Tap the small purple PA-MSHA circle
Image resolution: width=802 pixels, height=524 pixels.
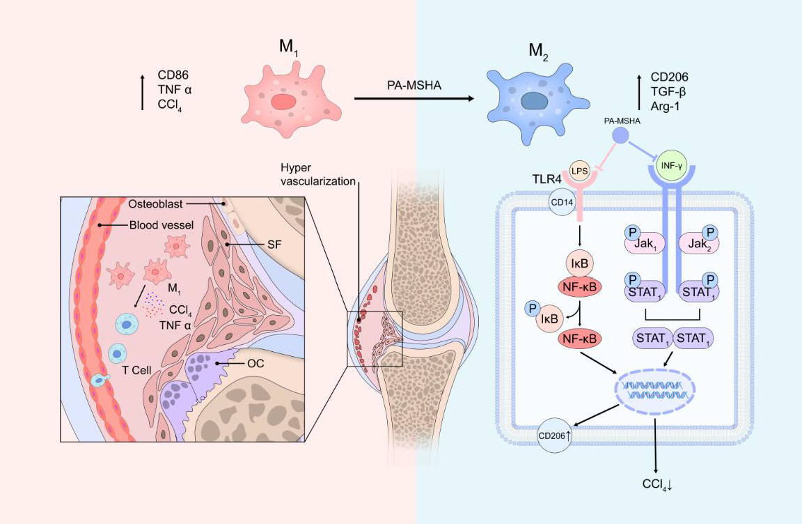pos(621,134)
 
